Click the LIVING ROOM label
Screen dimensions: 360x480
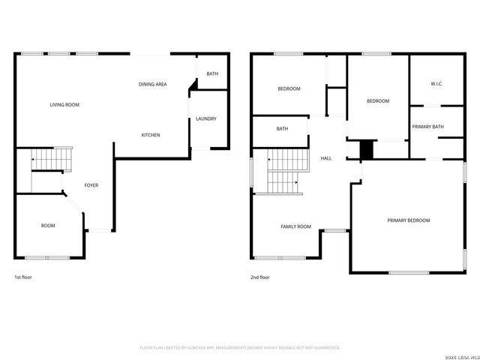tap(64, 105)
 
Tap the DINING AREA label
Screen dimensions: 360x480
tap(152, 85)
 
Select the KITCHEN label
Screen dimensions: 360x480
tap(151, 135)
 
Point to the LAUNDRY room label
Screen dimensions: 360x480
tap(206, 119)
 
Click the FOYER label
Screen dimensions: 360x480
tap(91, 185)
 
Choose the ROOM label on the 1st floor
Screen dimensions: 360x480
tap(48, 225)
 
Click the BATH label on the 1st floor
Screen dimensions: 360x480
tap(212, 73)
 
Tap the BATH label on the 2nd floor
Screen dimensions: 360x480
tap(282, 129)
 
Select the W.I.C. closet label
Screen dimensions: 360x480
tap(436, 84)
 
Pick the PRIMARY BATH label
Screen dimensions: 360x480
tap(427, 127)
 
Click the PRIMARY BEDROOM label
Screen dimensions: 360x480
tap(409, 220)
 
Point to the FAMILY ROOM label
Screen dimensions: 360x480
tap(295, 226)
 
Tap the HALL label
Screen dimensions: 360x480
tap(326, 158)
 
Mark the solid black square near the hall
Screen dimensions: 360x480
tap(366, 149)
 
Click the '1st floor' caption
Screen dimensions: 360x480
tap(23, 277)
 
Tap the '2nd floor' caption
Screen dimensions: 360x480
tap(259, 277)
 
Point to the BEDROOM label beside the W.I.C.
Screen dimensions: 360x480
tap(378, 101)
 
